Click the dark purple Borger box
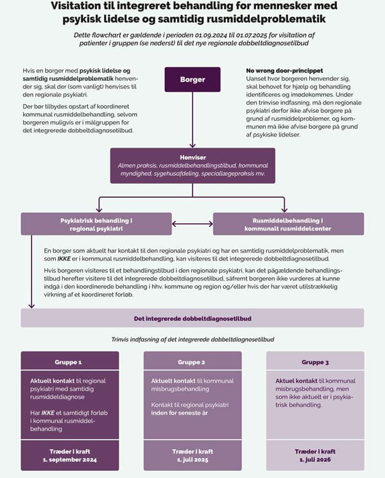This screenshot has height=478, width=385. [193, 80]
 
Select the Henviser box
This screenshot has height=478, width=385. [193, 166]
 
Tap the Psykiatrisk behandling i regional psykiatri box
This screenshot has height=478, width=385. [96, 224]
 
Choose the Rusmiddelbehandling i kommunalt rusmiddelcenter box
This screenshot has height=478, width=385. [288, 224]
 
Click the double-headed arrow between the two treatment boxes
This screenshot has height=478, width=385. [193, 224]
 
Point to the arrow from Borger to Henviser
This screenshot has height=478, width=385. [193, 120]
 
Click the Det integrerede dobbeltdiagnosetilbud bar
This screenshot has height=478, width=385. [193, 318]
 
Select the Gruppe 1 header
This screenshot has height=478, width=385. [70, 361]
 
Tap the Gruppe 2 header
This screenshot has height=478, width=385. [193, 361]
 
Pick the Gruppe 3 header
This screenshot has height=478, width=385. [315, 361]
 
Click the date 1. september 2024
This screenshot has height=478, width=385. [70, 459]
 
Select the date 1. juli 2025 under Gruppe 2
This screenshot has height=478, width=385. [193, 459]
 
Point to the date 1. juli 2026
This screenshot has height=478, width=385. [315, 459]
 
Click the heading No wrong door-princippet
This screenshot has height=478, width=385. [284, 71]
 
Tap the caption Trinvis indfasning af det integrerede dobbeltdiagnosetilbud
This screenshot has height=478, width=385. [193, 339]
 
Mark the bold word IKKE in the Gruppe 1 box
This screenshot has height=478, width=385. [48, 413]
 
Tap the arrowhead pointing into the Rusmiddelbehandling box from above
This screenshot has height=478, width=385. [284, 209]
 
